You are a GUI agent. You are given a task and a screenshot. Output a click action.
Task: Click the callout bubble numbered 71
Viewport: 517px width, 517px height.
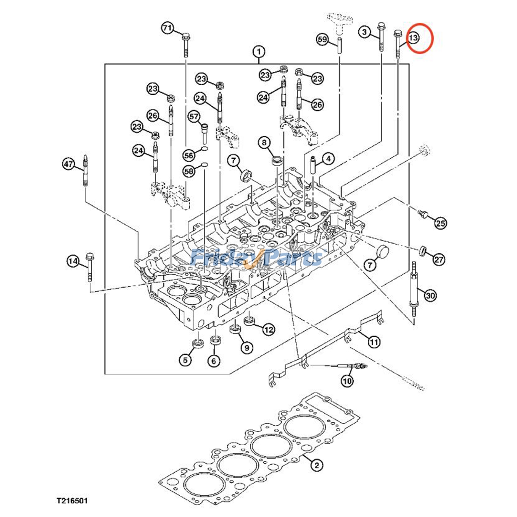(167, 28)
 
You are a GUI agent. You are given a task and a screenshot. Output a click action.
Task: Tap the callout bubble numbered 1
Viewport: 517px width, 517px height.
(258, 52)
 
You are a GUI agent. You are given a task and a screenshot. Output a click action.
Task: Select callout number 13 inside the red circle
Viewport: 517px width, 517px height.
(414, 38)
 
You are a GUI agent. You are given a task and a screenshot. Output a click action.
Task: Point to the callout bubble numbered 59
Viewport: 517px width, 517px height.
(322, 40)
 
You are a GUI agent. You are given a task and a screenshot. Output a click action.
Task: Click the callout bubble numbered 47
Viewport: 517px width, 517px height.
(69, 164)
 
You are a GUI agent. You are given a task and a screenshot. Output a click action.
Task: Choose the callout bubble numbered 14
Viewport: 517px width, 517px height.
(73, 261)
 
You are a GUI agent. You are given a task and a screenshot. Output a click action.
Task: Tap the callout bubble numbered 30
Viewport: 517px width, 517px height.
(430, 295)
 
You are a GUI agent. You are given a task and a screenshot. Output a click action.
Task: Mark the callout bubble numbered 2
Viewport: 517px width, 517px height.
(317, 465)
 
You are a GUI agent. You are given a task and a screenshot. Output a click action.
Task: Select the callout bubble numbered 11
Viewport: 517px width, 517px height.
(374, 342)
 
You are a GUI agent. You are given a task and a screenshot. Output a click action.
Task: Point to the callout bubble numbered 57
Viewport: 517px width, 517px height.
(194, 116)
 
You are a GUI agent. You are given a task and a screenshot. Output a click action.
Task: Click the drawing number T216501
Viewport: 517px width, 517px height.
(72, 501)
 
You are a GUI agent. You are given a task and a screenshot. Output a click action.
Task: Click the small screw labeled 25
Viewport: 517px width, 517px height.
(423, 214)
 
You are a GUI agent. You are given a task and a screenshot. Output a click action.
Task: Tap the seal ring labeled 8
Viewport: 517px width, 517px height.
(277, 160)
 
